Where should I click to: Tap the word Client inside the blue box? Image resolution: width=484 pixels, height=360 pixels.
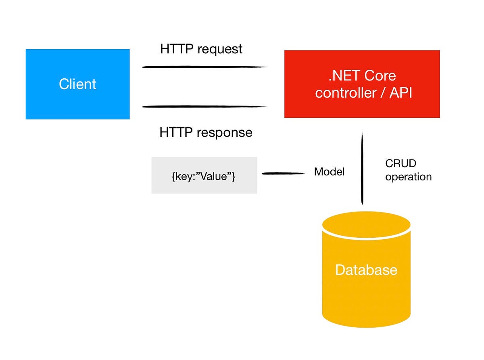point(77,84)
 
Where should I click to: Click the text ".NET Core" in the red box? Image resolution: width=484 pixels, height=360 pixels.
point(362,75)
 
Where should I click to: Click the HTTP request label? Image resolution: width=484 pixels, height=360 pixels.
point(201,49)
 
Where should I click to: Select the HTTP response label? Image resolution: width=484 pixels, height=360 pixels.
point(206,132)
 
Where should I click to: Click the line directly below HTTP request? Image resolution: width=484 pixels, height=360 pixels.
point(204,67)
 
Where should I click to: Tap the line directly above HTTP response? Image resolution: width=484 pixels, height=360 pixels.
point(204,107)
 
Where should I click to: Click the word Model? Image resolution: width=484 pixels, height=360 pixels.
point(329,172)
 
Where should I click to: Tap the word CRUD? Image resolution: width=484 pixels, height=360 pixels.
point(400,163)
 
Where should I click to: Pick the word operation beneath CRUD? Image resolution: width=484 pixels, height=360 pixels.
point(408,177)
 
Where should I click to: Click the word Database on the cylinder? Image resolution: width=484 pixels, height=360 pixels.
point(366,270)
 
